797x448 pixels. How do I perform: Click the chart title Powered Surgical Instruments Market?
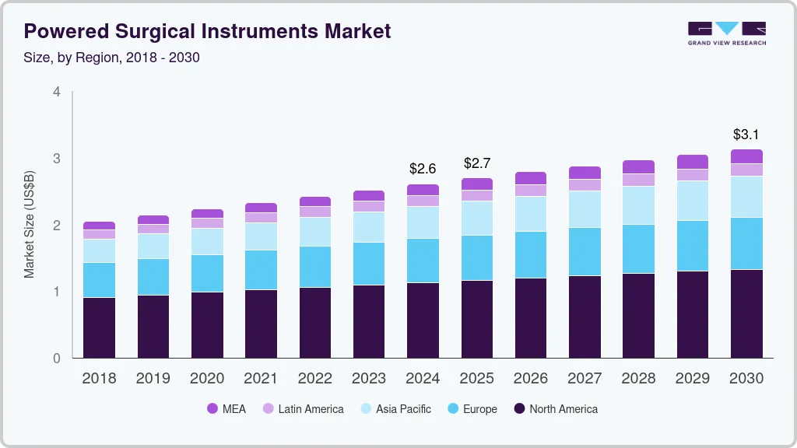[207, 31]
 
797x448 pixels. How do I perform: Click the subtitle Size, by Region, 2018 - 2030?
[112, 58]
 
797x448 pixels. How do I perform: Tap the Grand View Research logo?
[727, 33]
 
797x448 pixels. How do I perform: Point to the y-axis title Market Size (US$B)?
[30, 224]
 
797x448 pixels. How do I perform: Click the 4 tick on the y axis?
[56, 92]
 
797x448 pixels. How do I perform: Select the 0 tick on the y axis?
[56, 359]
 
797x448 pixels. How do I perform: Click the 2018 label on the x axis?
[99, 379]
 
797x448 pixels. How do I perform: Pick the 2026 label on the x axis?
[531, 379]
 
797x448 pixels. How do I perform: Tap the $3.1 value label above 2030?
[746, 135]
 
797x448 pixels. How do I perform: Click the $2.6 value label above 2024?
[423, 169]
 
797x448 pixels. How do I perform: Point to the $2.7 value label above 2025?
[476, 163]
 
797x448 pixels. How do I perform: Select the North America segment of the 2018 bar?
[99, 327]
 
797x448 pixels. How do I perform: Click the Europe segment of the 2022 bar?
[314, 267]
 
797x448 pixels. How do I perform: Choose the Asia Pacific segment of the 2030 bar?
[746, 197]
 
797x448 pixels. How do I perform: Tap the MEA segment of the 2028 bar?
[638, 166]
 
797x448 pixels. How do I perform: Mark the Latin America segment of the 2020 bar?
[207, 223]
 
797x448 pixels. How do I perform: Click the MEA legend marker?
[212, 409]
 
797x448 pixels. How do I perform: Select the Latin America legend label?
[311, 409]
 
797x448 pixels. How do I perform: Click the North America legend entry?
[556, 409]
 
